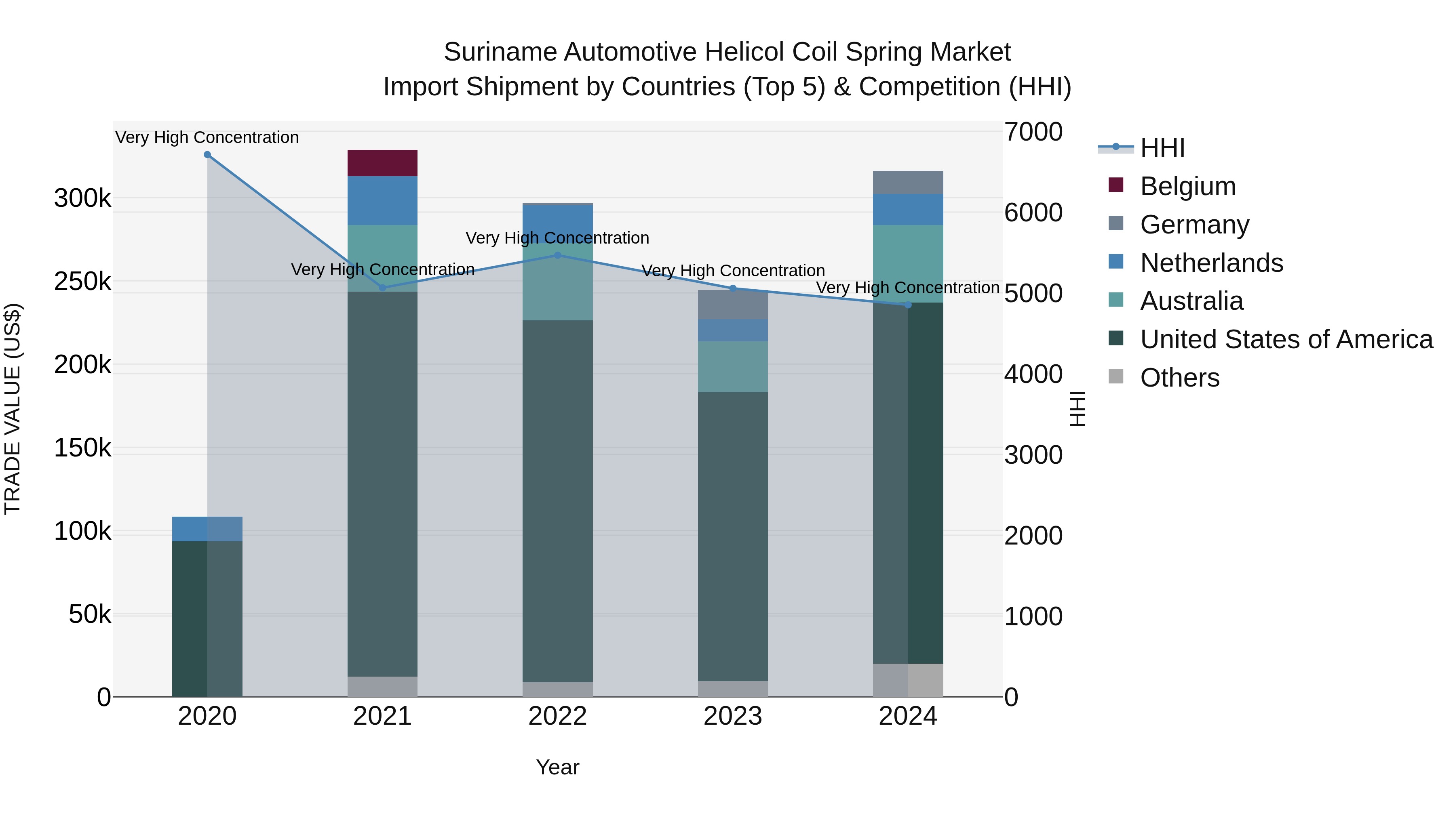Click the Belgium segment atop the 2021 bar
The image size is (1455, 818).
tap(382, 163)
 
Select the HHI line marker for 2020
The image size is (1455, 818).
tap(207, 155)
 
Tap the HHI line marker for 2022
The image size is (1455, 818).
tap(557, 255)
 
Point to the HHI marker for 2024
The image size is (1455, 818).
tap(908, 305)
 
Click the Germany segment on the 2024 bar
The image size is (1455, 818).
tap(908, 182)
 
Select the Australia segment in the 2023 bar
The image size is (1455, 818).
tap(733, 366)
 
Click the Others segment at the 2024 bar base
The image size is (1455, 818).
tap(908, 680)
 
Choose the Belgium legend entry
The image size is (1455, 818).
tap(1187, 186)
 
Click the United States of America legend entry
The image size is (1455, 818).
tap(1286, 339)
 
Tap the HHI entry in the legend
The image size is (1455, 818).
tap(1162, 148)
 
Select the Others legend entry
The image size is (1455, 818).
tap(1179, 378)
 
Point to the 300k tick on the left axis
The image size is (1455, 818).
tap(82, 198)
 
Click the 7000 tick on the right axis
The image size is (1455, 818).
tap(1033, 132)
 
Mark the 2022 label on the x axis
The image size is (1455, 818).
tap(557, 716)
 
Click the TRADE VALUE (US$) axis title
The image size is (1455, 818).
tap(13, 409)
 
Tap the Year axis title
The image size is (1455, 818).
tap(557, 767)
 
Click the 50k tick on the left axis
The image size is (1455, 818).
tap(90, 614)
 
